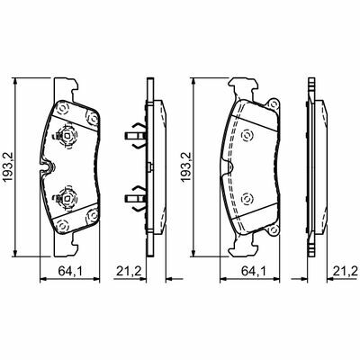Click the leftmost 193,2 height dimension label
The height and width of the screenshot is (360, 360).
point(8,167)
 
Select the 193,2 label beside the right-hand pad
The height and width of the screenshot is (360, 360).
point(186,167)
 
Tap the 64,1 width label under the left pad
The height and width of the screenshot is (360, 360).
point(70,271)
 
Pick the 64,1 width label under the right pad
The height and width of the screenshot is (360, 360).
point(254,271)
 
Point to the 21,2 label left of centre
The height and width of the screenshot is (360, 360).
point(129,271)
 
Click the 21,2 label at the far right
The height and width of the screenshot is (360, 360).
point(346,271)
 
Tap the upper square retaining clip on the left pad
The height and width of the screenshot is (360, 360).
point(67,137)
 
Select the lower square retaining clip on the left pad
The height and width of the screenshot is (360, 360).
point(67,198)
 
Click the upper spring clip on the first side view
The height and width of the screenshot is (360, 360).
point(136,136)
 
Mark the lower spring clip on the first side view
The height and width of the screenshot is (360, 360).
point(136,198)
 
